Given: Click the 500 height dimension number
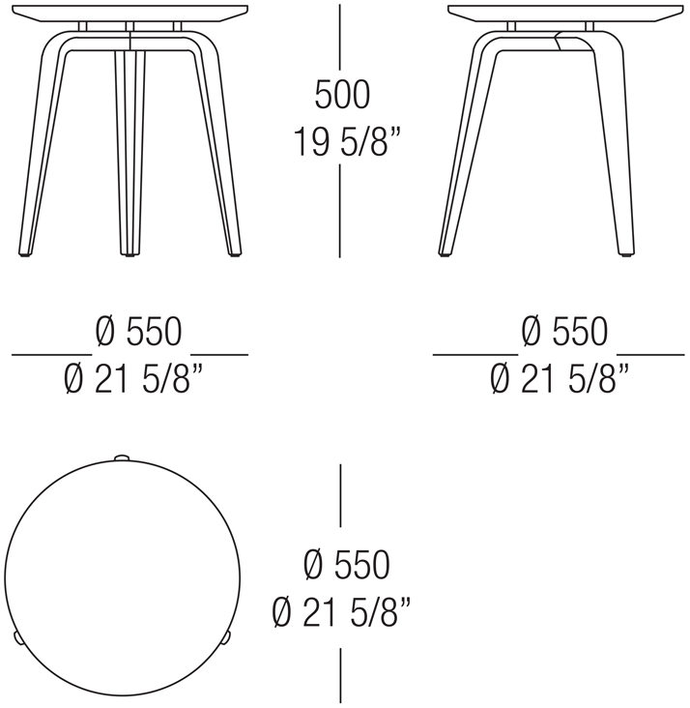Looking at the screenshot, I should [x=341, y=95].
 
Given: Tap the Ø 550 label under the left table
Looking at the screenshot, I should [x=139, y=332].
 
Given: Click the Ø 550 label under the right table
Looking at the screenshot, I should [x=564, y=332].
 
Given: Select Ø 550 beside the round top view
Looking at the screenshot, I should [x=345, y=565].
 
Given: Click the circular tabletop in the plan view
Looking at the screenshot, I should [x=122, y=576].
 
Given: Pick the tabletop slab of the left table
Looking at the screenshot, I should [x=130, y=11].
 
